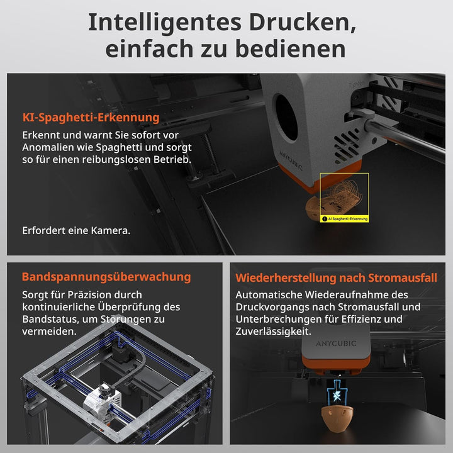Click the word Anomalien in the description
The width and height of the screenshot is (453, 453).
(48, 148)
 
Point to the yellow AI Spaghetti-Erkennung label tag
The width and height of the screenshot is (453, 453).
(344, 219)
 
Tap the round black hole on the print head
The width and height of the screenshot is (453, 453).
(287, 116)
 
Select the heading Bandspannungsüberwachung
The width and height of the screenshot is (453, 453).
(106, 277)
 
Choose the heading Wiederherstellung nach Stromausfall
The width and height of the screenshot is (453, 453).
(336, 277)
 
